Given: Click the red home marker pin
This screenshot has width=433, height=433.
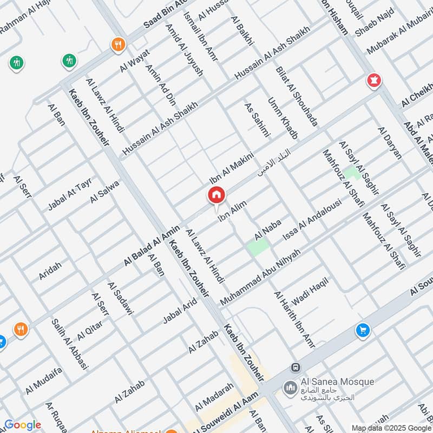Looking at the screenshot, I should [216, 195].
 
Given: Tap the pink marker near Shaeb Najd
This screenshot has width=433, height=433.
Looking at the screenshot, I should [373, 81].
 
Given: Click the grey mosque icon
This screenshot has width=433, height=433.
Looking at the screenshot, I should [290, 388].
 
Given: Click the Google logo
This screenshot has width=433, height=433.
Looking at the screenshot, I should [22, 425].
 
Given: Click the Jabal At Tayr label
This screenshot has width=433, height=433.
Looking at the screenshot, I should [70, 194].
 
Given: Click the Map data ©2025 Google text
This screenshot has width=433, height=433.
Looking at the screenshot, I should [391, 427].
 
